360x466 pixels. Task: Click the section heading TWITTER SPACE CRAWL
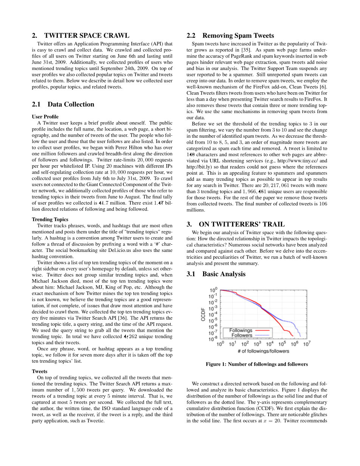click(87, 36)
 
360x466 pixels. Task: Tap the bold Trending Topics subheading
click(50, 219)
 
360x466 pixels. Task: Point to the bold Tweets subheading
click(39, 371)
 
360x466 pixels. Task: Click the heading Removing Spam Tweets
click(238, 36)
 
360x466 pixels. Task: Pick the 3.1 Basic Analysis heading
click(224, 274)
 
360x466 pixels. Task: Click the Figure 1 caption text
click(256, 364)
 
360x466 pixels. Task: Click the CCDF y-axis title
click(203, 314)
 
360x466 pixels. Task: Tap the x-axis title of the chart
click(263, 351)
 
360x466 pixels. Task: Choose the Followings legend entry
click(241, 330)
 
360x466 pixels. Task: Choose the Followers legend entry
click(242, 335)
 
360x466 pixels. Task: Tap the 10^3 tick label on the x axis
click(257, 344)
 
